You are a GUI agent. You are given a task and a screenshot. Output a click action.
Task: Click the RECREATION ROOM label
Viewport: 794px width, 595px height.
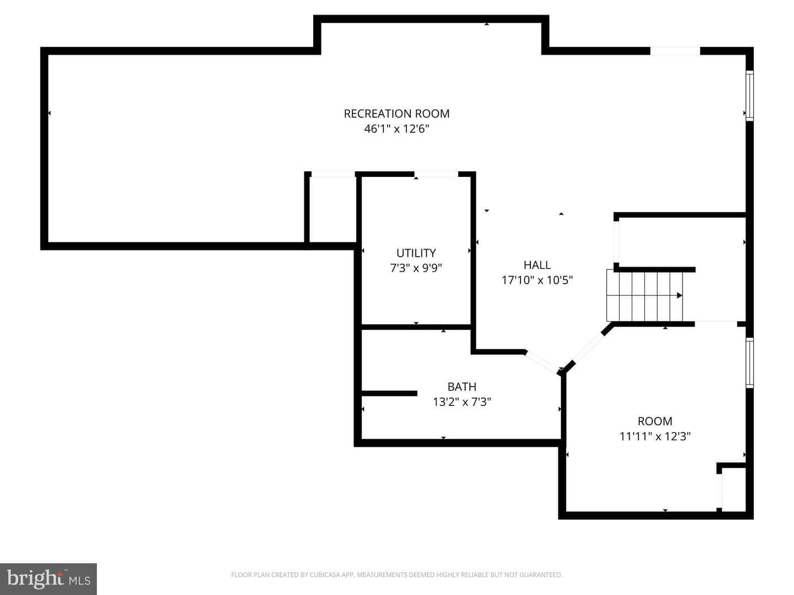coord(396,114)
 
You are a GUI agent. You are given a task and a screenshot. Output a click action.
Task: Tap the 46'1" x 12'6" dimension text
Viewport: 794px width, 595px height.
coord(396,129)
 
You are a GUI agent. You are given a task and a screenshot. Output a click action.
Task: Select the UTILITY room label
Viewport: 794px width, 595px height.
coord(416,253)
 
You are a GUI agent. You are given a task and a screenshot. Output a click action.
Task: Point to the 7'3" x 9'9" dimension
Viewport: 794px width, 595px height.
coord(416,268)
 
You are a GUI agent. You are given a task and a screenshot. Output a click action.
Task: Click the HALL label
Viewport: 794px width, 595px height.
coord(537,265)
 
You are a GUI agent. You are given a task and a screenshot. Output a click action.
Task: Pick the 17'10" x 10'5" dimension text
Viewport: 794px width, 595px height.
coord(537,280)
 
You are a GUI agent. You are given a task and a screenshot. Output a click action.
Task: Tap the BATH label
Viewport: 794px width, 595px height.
coord(462,387)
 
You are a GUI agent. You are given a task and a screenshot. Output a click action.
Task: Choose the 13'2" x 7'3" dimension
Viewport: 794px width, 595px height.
coord(462,402)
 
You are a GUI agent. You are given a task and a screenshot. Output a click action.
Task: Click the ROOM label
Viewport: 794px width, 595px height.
coord(654,421)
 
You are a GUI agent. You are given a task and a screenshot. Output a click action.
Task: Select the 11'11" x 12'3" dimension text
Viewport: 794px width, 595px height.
coord(654,436)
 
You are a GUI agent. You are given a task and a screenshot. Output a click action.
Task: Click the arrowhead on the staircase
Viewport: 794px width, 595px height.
coord(680,295)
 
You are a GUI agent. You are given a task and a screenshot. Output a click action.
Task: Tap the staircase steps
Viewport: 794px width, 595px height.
coord(645,295)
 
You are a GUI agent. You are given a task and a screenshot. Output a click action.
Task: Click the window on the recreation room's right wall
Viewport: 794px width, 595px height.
coord(749,96)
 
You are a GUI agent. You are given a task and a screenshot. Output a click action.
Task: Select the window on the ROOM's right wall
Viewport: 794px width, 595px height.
coord(749,363)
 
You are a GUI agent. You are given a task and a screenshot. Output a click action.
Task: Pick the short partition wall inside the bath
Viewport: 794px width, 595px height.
coord(389,393)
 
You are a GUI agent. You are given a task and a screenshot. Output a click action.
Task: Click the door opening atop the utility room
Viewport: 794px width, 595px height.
coord(436,174)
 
